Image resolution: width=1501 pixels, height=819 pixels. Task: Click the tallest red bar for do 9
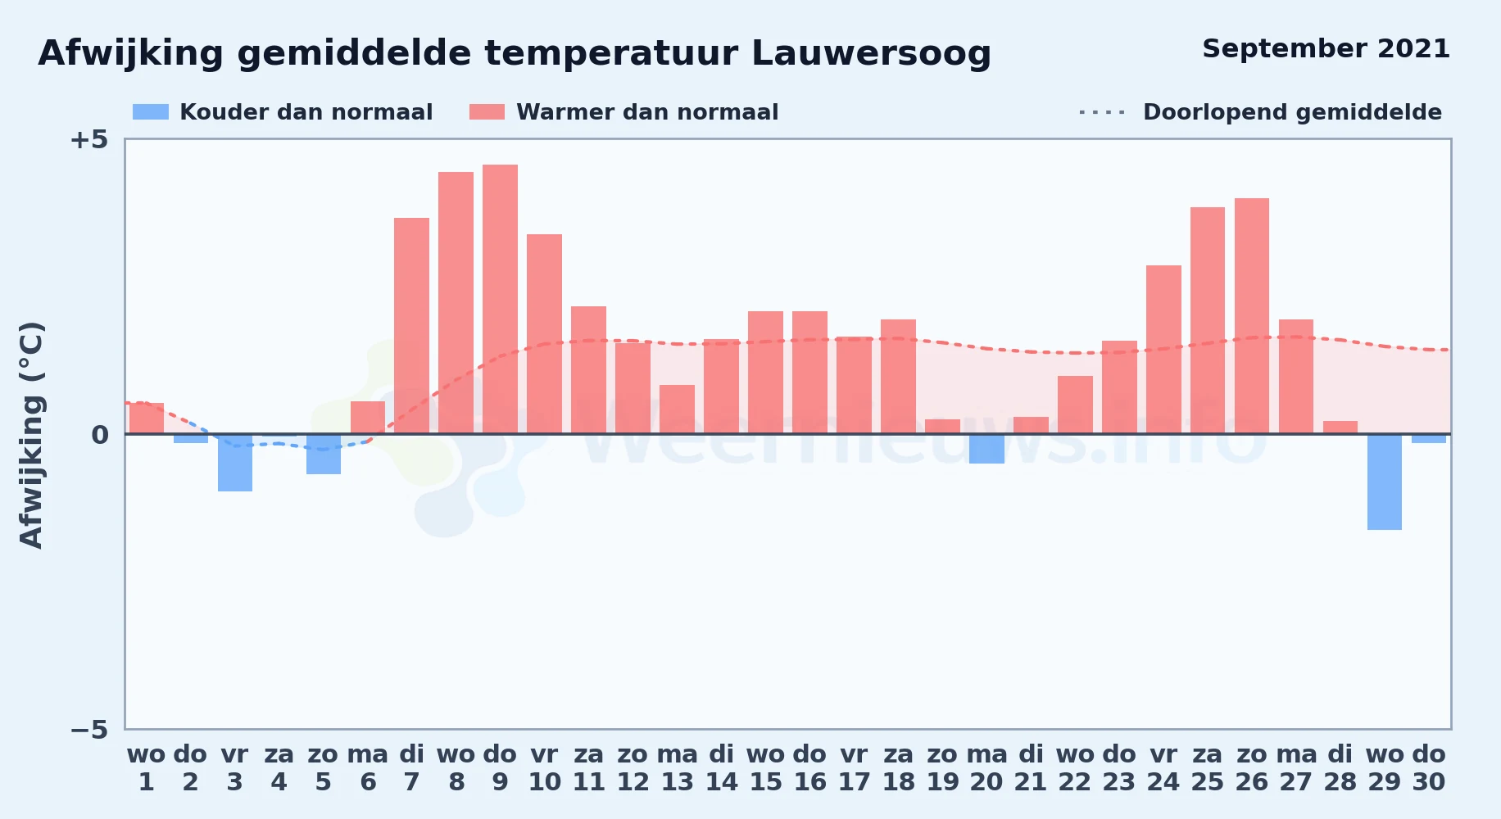tap(500, 299)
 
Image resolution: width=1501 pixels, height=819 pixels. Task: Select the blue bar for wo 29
tap(1385, 482)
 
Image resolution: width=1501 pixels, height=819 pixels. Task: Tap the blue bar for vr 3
tap(235, 463)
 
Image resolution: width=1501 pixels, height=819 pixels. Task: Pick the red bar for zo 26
tap(1252, 316)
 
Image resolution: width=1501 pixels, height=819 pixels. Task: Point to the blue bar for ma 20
tap(986, 449)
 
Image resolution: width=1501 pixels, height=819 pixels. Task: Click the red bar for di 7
tap(411, 326)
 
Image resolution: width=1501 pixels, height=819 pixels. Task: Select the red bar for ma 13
tap(677, 409)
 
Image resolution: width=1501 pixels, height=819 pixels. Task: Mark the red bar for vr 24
tap(1163, 350)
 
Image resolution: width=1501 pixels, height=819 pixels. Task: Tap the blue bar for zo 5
tap(324, 454)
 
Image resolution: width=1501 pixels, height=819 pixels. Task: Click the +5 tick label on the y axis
tap(88, 140)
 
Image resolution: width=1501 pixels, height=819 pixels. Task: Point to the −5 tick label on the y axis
tap(88, 730)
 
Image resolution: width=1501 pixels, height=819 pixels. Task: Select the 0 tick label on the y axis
tap(100, 435)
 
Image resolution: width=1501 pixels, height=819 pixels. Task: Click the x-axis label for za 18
tap(898, 768)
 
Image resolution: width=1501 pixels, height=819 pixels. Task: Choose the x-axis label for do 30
tap(1429, 768)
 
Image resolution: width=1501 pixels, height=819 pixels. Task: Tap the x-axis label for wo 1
tap(146, 768)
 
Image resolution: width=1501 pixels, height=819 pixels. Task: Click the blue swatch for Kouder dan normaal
tap(151, 112)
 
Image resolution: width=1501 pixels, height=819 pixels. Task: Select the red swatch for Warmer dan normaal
tap(487, 112)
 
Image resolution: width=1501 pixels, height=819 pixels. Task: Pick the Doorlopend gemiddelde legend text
tap(1292, 112)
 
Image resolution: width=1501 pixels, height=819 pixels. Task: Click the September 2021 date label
tap(1326, 49)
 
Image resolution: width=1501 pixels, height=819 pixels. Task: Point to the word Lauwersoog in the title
tap(871, 54)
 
